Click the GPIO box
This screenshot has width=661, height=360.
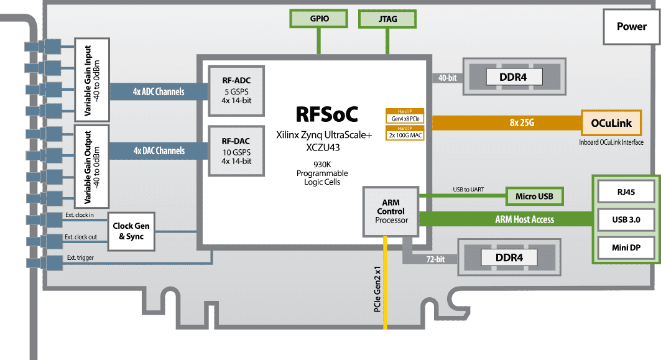(x=319, y=19)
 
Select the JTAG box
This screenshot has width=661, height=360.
(x=388, y=19)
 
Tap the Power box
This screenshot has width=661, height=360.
(x=631, y=26)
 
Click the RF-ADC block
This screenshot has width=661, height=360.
(x=236, y=90)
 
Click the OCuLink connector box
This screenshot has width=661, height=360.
(x=612, y=123)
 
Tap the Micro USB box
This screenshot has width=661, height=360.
(x=534, y=196)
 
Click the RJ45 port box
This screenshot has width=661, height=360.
(x=626, y=192)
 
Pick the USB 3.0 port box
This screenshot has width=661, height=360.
(x=626, y=220)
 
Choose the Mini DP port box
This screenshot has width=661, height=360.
(x=626, y=248)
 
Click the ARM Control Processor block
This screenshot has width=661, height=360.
(x=391, y=211)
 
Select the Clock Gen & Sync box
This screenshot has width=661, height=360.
(x=131, y=232)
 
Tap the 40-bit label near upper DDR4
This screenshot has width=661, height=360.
(x=447, y=78)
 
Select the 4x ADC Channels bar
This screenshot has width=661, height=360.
(x=159, y=92)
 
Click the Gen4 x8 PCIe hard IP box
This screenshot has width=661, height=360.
(x=405, y=117)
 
